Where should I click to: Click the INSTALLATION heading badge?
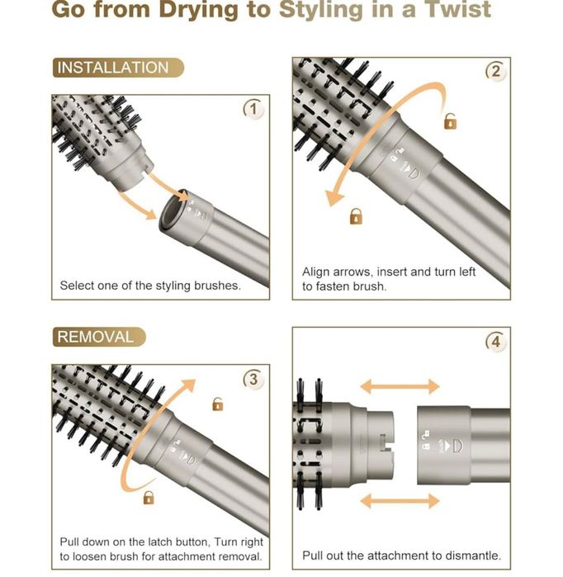(118, 68)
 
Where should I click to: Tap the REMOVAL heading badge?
(99, 337)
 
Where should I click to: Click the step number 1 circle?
(253, 109)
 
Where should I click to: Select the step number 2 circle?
(495, 71)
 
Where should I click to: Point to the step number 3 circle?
(253, 379)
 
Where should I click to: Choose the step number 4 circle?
(495, 342)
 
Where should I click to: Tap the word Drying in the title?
(199, 10)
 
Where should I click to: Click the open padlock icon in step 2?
(451, 121)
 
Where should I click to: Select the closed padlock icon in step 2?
(356, 216)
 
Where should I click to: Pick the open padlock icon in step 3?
(218, 404)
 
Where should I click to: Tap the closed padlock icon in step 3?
(149, 498)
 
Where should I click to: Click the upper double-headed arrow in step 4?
(400, 387)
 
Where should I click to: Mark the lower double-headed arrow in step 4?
(400, 501)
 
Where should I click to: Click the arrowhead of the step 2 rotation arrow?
(334, 198)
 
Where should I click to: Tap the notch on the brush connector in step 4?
(385, 442)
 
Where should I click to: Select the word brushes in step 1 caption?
(217, 286)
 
